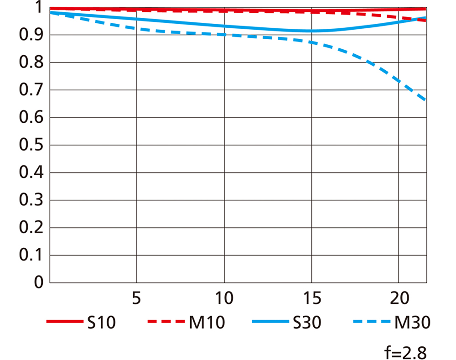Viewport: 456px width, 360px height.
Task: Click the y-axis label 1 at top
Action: coord(37,8)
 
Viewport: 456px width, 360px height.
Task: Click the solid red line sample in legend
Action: coord(62,322)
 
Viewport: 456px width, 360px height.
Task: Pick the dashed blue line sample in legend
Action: coord(371,322)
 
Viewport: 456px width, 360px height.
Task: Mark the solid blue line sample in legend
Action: coord(268,322)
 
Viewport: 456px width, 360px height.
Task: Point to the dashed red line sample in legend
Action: coord(165,322)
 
